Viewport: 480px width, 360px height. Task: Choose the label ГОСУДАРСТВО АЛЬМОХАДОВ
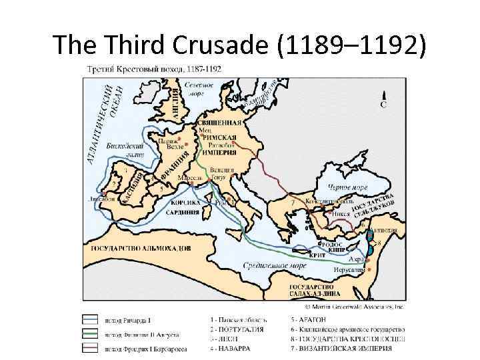[x=139, y=247]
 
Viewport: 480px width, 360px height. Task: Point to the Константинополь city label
[x=326, y=201]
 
